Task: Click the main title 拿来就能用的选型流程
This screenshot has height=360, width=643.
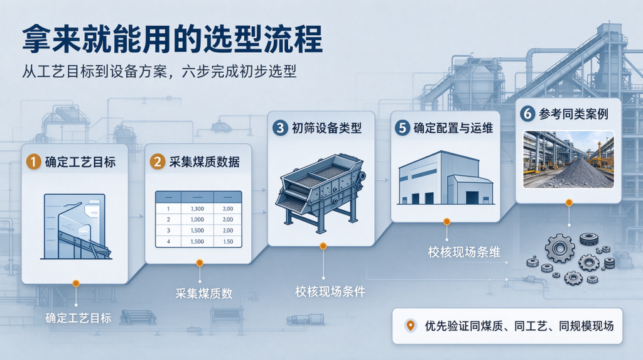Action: tap(172, 39)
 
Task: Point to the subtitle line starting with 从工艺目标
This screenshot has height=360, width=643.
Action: tap(159, 72)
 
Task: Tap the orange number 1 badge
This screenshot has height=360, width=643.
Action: tap(34, 161)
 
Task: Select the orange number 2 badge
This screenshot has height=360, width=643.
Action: tap(157, 161)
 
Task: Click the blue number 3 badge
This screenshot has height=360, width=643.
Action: tap(280, 128)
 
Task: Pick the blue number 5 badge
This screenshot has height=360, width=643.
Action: tap(403, 128)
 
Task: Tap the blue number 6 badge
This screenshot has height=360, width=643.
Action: tap(527, 114)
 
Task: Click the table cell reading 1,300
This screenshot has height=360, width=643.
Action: tap(197, 209)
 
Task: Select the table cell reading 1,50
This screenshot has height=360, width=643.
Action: tap(228, 242)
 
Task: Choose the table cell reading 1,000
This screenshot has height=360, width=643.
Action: tap(197, 220)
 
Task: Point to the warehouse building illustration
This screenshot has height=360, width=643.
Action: tap(446, 178)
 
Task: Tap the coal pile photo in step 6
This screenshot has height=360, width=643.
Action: tap(568, 160)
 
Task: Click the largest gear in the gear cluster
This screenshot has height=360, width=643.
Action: tap(559, 248)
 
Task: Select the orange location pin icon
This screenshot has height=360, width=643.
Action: tap(410, 325)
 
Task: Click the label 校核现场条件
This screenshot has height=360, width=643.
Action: tap(330, 292)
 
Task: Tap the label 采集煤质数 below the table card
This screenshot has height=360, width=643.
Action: tap(204, 293)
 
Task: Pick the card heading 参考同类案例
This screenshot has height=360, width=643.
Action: tap(573, 114)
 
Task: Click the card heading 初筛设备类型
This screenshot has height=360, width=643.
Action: tap(327, 128)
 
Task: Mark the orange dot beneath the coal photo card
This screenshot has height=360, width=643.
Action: tap(569, 202)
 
